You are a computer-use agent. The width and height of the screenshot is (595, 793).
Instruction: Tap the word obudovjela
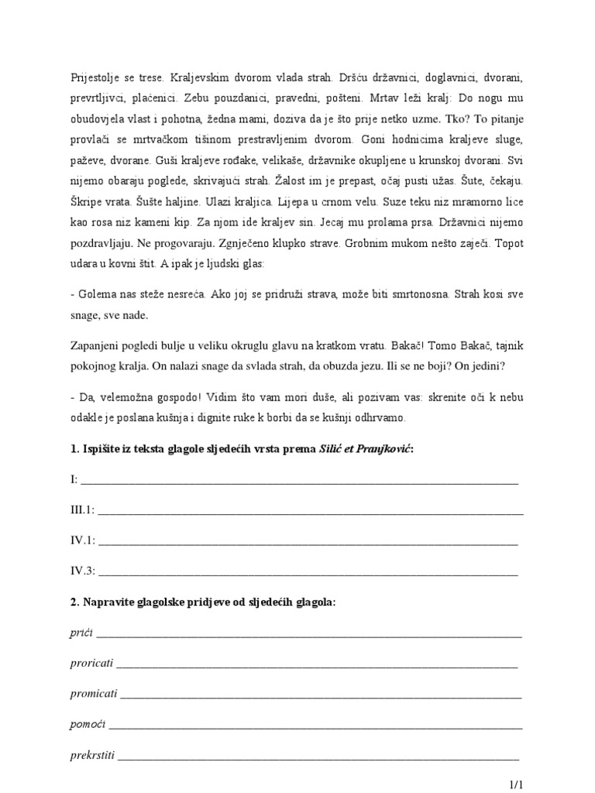pos(95,119)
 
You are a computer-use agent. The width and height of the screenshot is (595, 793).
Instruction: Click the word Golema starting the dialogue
pos(94,296)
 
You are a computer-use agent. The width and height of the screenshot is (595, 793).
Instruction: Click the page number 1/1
pos(518,784)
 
